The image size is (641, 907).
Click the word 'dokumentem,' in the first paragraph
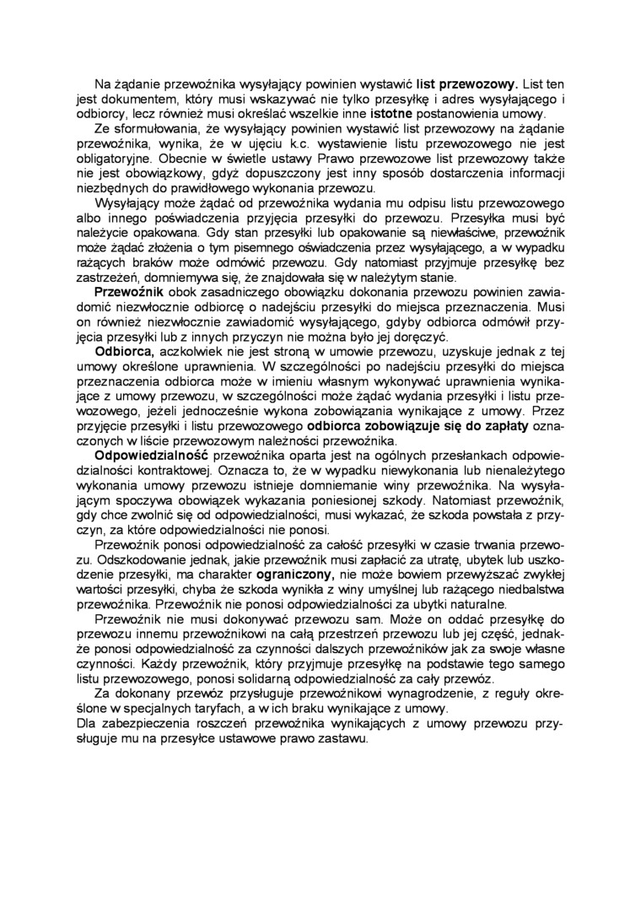point(127,100)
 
